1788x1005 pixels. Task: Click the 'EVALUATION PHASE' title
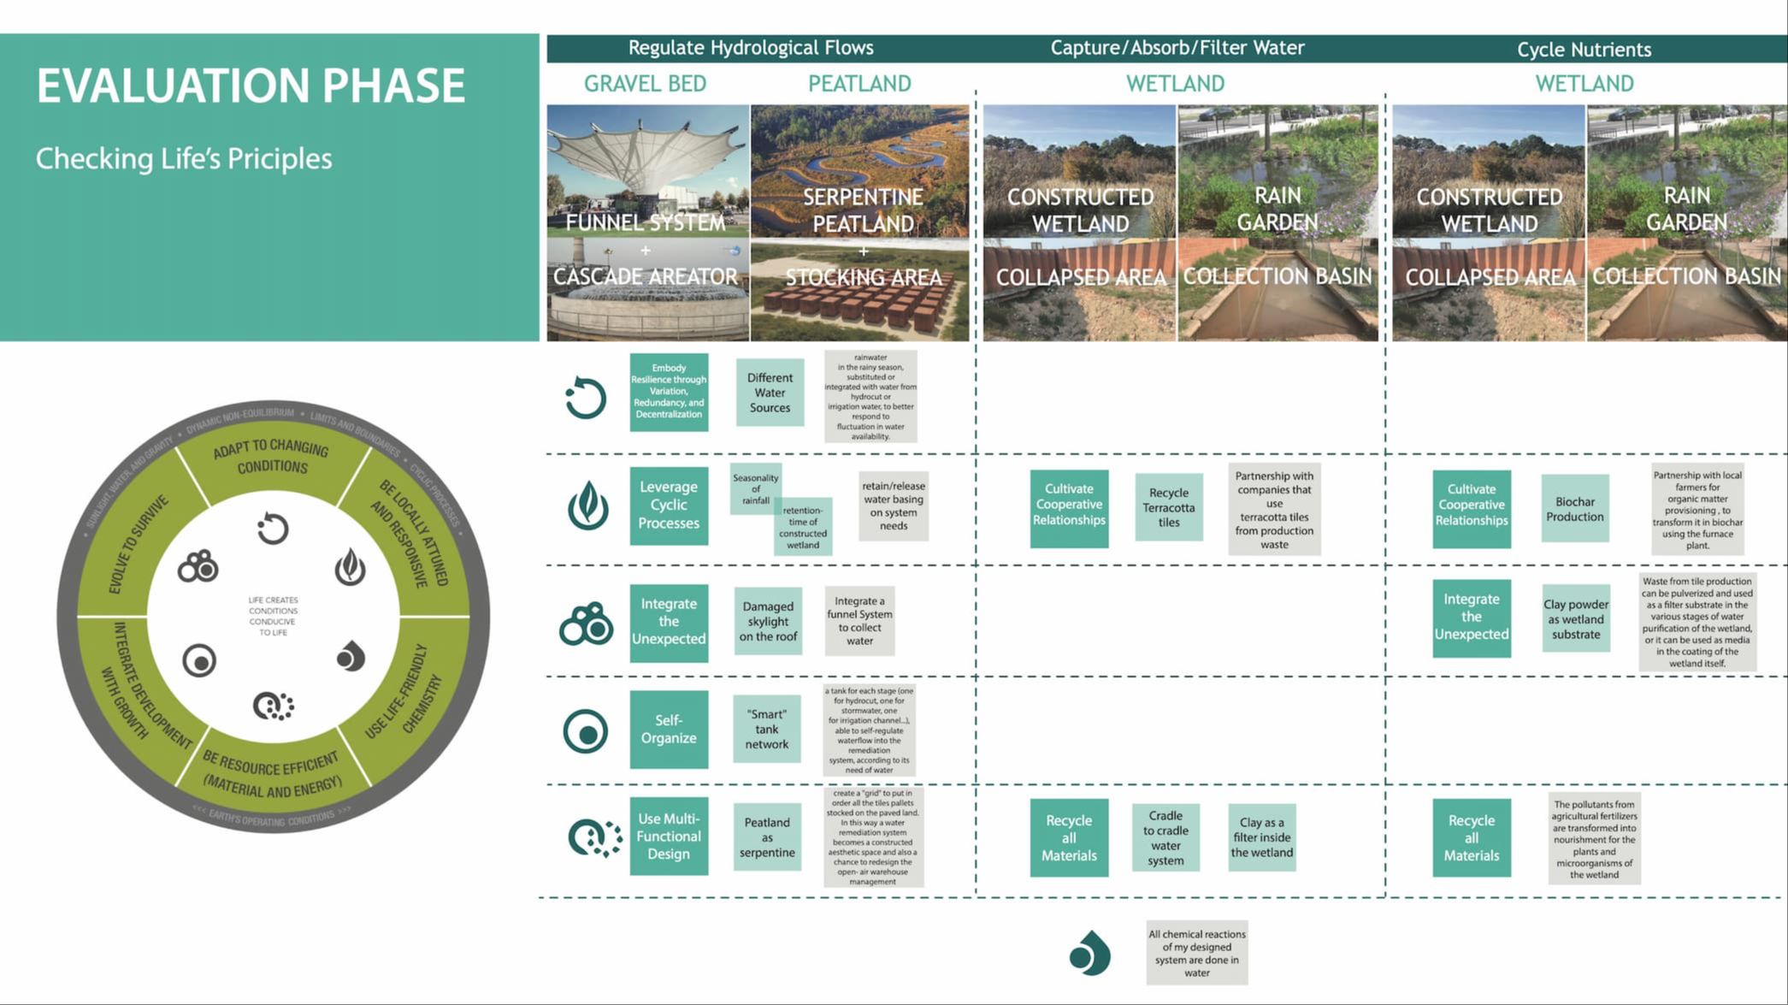click(x=251, y=86)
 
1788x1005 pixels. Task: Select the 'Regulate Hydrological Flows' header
click(x=751, y=48)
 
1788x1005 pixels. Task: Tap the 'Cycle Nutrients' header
click(x=1584, y=50)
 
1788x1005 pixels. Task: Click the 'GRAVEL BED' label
click(x=645, y=84)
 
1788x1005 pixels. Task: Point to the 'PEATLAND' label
click(x=859, y=84)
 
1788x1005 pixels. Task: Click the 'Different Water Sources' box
click(x=770, y=393)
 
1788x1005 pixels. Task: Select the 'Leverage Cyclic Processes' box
click(x=669, y=505)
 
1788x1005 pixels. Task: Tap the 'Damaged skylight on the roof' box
click(x=768, y=622)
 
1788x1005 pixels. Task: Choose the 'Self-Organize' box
click(x=669, y=730)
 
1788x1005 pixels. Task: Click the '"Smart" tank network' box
click(x=767, y=730)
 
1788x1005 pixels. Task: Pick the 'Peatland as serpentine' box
click(x=767, y=837)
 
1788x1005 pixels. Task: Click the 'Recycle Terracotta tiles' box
click(x=1168, y=507)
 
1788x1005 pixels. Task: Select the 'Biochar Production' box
click(x=1574, y=509)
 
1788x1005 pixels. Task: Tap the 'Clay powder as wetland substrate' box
click(x=1575, y=619)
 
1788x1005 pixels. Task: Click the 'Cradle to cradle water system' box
click(x=1165, y=838)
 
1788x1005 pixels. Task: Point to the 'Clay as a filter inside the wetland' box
click(x=1261, y=837)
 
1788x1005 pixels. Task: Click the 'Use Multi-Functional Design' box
click(x=669, y=837)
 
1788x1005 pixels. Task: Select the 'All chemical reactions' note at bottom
click(x=1196, y=953)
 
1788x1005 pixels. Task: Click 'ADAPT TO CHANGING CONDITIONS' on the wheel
click(x=271, y=458)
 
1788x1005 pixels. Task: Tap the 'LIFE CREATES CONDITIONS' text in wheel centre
click(x=273, y=616)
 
